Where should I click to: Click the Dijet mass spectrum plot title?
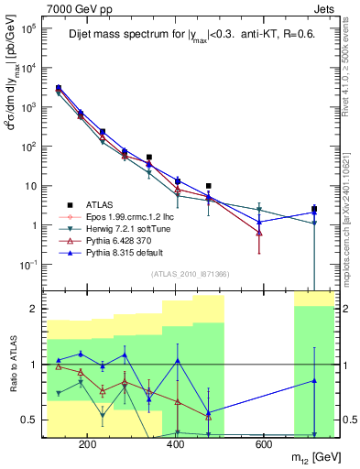pos(188,36)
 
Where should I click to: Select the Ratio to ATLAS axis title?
pos(13,364)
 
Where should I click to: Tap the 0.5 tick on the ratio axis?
pos(32,420)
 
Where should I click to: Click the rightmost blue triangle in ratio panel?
pos(314,380)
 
